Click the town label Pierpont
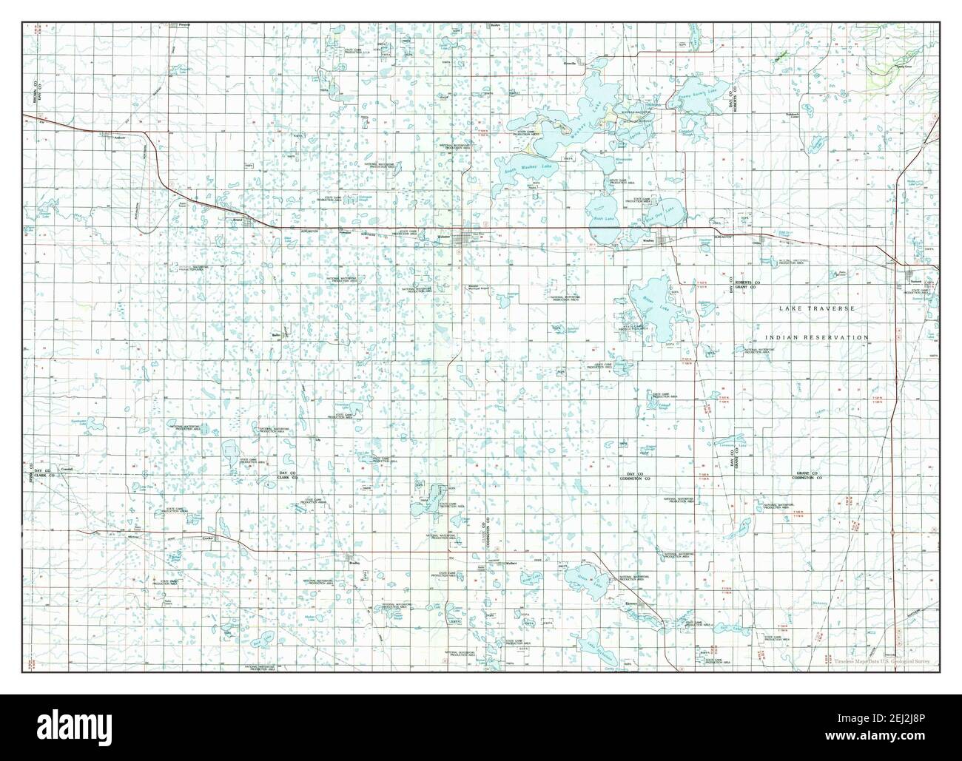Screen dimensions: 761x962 pyautogui.click(x=185, y=24)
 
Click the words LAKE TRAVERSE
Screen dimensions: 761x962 pyautogui.click(x=818, y=308)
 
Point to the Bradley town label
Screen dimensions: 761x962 pyautogui.click(x=353, y=562)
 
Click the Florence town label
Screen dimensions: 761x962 pyautogui.click(x=630, y=603)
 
